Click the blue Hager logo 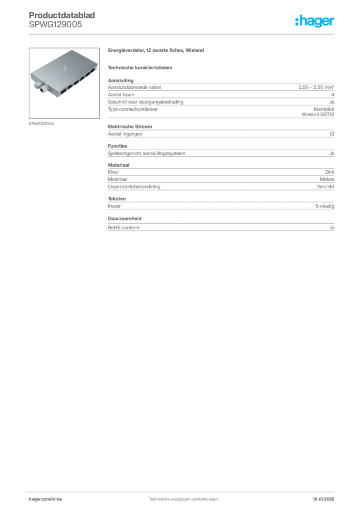click(316, 22)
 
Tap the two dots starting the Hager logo click(297, 19)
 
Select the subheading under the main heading click(141, 67)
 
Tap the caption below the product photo click(41, 123)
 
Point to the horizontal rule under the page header click(183, 34)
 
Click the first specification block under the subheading click(220, 98)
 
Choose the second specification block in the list click(220, 131)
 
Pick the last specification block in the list click(220, 225)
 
